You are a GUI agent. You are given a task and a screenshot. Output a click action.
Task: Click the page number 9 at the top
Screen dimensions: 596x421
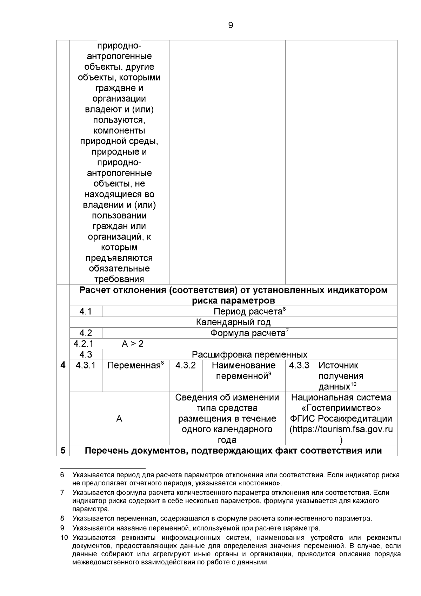tap(230, 25)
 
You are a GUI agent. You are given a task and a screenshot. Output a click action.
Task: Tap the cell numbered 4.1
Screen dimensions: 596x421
tap(85, 312)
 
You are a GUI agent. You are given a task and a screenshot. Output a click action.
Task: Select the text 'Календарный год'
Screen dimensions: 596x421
tap(233, 322)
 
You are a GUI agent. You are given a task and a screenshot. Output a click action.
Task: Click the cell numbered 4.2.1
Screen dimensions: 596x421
tap(83, 343)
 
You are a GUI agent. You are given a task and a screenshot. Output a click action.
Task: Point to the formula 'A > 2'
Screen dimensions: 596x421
tap(133, 343)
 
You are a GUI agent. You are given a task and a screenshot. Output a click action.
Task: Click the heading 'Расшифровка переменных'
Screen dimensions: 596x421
tap(249, 354)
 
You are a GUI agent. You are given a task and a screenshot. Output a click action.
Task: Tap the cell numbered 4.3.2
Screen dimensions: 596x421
tap(186, 365)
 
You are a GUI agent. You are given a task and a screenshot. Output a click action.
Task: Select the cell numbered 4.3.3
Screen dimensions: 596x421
tap(299, 365)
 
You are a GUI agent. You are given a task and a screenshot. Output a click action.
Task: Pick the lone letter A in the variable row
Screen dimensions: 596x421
tap(119, 419)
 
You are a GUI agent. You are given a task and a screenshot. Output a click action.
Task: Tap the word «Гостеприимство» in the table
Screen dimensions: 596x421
tap(341, 408)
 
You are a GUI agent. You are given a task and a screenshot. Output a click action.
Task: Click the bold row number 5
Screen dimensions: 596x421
tap(63, 450)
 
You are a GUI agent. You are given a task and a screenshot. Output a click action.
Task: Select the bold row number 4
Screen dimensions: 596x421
tap(63, 365)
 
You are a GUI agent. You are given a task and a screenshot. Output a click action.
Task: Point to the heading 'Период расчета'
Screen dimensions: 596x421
tap(248, 312)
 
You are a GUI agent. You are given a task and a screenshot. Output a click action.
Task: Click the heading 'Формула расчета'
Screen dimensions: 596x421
tap(248, 333)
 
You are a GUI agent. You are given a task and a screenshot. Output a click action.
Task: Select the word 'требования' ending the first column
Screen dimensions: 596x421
tap(119, 279)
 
